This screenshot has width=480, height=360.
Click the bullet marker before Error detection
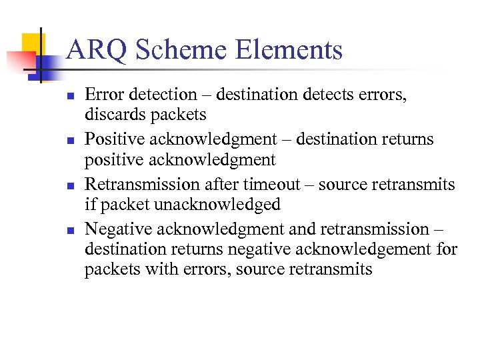(71, 96)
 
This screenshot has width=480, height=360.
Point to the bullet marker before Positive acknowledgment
(71, 141)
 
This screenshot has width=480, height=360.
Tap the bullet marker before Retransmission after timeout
(71, 185)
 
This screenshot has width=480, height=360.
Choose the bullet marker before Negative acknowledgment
(71, 230)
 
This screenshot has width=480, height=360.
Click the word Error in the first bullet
(103, 95)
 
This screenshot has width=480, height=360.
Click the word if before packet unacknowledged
(90, 205)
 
